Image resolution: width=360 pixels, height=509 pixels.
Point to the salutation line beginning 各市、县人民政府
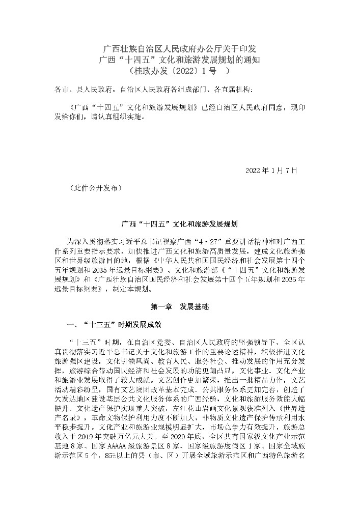coord(153,90)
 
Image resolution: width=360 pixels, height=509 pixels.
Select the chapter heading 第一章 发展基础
coord(180,307)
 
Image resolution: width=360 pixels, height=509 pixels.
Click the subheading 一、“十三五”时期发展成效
coord(115,324)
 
